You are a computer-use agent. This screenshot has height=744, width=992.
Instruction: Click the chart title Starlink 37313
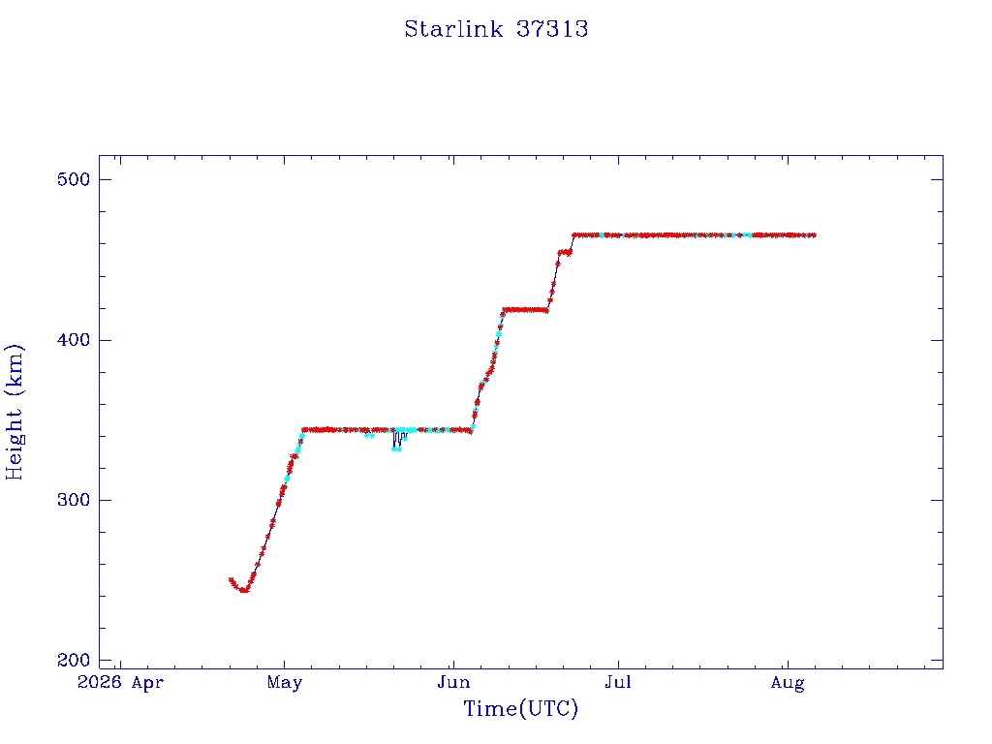coord(496,29)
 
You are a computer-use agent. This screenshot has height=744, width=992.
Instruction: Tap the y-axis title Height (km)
coord(14,412)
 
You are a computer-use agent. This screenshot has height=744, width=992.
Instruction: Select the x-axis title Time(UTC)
coord(520,708)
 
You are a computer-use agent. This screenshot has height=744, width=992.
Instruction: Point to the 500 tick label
coord(74,179)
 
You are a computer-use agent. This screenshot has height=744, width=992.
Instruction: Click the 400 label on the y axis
coord(74,340)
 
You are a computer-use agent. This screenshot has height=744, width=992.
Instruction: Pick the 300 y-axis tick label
coord(74,501)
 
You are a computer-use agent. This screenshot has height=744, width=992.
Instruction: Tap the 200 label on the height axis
coord(74,661)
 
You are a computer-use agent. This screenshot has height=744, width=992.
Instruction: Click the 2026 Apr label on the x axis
coord(120,683)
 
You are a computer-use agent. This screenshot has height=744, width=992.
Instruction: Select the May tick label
coord(285,684)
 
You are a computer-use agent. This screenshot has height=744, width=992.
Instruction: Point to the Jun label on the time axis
coord(453,683)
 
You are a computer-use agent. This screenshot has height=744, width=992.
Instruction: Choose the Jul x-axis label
coord(617,683)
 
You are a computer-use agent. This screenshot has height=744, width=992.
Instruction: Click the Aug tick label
coord(788,684)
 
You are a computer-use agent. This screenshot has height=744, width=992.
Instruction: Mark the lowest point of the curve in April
coord(244,591)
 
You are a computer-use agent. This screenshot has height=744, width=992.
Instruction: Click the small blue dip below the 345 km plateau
coord(397,441)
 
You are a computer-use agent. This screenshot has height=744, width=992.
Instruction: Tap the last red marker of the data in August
coord(813,235)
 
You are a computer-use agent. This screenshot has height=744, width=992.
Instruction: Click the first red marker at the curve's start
coord(231,579)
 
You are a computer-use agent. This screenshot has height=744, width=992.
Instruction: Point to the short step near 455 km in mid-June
coord(565,253)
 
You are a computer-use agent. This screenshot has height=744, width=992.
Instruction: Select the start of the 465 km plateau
coord(573,235)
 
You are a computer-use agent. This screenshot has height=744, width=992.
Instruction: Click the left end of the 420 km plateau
coord(504,310)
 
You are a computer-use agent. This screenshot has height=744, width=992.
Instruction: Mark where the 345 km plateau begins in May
coord(303,430)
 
